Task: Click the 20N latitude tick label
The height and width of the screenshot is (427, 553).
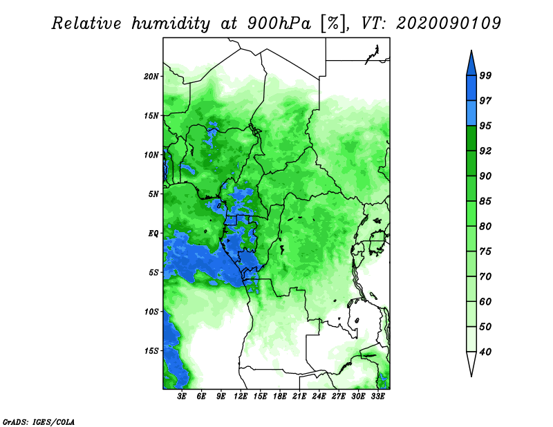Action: pyautogui.click(x=151, y=77)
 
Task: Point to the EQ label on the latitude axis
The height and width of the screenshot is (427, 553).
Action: pyautogui.click(x=153, y=234)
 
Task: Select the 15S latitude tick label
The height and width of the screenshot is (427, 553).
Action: pyautogui.click(x=151, y=351)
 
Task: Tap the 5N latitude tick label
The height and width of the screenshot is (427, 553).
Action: pyautogui.click(x=153, y=194)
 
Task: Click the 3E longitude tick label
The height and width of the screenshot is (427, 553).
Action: pyautogui.click(x=182, y=397)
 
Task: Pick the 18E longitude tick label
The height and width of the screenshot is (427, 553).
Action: pyautogui.click(x=280, y=397)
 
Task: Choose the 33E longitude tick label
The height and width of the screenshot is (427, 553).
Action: pyautogui.click(x=377, y=397)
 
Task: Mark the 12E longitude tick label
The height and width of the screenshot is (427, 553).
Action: pyautogui.click(x=241, y=397)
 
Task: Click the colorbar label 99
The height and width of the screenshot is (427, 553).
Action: pyautogui.click(x=485, y=75)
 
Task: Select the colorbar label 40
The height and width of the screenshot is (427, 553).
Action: pyautogui.click(x=485, y=352)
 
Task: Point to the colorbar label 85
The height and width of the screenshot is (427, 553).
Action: pyautogui.click(x=485, y=201)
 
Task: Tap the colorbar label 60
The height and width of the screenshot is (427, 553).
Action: pyautogui.click(x=485, y=301)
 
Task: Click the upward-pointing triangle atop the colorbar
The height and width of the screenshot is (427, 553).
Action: pyautogui.click(x=471, y=65)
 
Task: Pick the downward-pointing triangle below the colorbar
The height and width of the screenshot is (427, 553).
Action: pyautogui.click(x=471, y=361)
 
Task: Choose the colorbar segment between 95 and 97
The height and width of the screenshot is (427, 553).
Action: pyautogui.click(x=471, y=113)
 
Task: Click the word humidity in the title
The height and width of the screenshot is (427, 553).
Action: pyautogui.click(x=171, y=24)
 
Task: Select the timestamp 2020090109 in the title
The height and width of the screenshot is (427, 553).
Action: pyautogui.click(x=449, y=23)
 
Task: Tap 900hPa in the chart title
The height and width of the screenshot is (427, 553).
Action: pyautogui.click(x=279, y=23)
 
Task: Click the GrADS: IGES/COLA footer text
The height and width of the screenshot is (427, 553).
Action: pyautogui.click(x=39, y=421)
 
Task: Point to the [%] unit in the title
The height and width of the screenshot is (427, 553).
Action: pyautogui.click(x=333, y=24)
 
